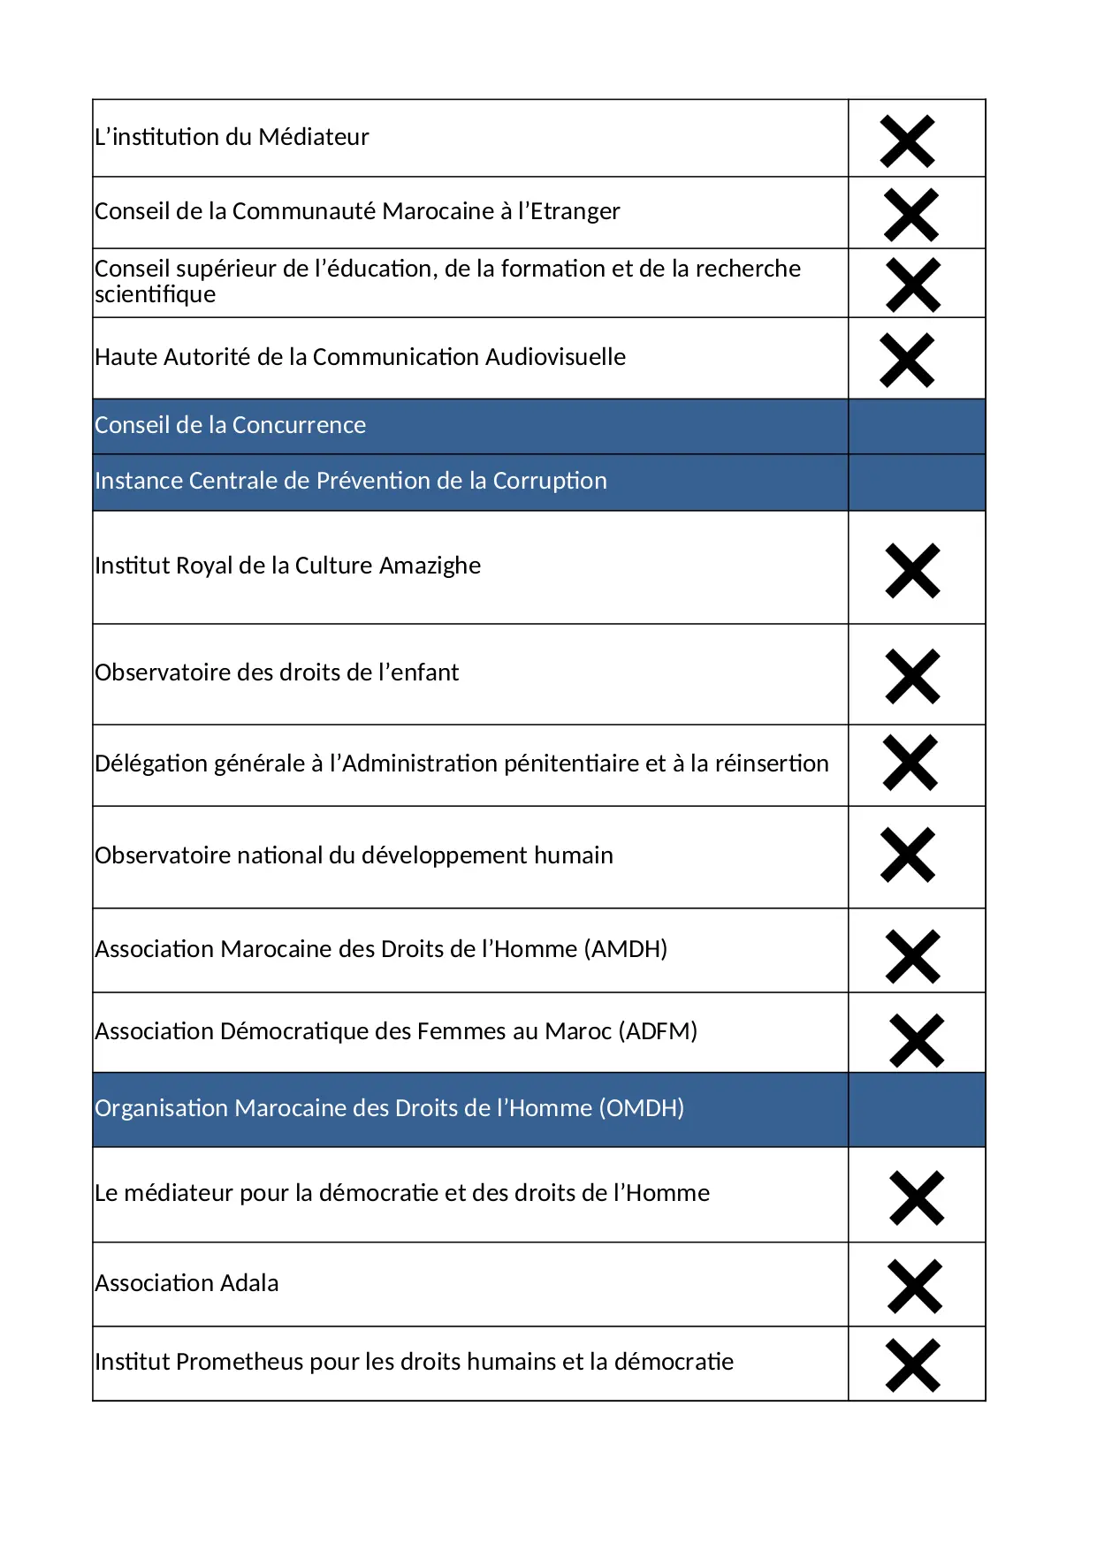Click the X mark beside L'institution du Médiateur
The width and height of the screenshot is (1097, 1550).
click(907, 141)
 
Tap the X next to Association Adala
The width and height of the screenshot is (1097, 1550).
click(915, 1287)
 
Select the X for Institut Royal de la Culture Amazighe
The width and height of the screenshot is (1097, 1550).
click(912, 571)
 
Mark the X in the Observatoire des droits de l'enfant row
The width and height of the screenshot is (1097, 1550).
click(912, 677)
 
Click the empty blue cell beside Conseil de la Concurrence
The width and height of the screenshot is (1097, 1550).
click(917, 427)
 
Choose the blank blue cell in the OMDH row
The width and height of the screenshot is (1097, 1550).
click(917, 1110)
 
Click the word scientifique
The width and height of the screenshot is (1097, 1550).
click(156, 294)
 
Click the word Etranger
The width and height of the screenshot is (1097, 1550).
click(575, 211)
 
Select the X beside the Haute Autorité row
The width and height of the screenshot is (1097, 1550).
click(907, 361)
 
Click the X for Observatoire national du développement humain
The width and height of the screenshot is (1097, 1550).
click(908, 855)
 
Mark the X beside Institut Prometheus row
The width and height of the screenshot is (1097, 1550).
click(912, 1366)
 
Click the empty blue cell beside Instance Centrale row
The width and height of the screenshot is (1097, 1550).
click(917, 482)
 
